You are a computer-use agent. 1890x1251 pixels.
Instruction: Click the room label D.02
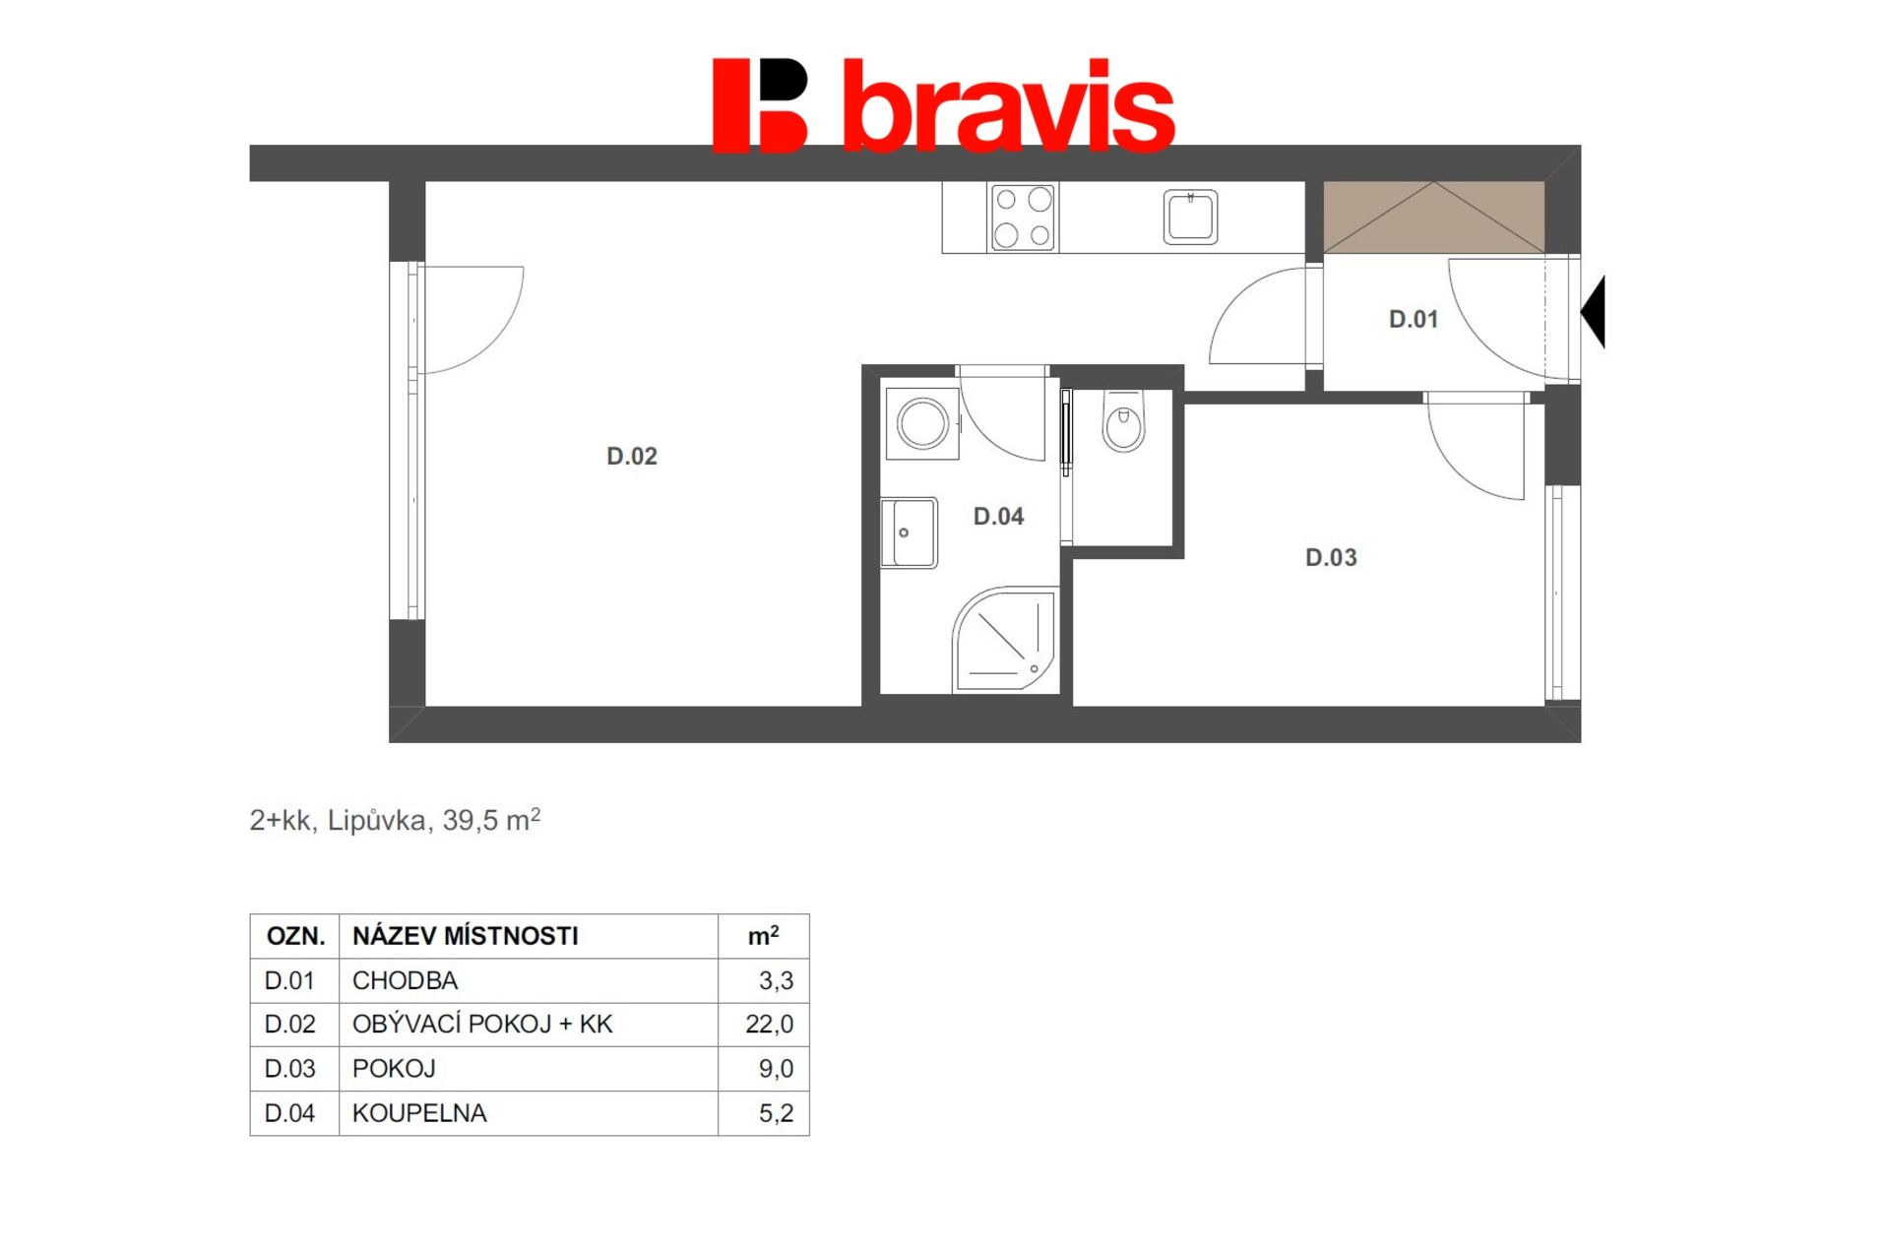click(x=631, y=456)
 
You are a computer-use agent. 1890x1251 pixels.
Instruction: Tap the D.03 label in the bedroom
click(x=1331, y=557)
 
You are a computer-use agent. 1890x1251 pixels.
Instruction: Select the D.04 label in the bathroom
click(x=998, y=516)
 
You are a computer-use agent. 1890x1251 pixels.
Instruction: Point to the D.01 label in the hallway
click(x=1413, y=319)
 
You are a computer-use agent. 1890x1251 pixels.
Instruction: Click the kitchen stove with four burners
click(x=1023, y=218)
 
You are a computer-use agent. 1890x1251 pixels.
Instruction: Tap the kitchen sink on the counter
click(x=1190, y=217)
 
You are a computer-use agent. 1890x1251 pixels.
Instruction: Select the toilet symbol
click(x=1123, y=421)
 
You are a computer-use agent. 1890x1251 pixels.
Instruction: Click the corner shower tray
click(x=1004, y=639)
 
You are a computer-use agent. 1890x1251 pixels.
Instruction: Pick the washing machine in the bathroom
click(x=922, y=424)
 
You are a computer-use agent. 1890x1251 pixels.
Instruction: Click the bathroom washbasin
click(x=909, y=532)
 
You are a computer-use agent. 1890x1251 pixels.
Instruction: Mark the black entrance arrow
click(x=1593, y=311)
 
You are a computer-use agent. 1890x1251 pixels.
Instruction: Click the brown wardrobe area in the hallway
click(x=1433, y=217)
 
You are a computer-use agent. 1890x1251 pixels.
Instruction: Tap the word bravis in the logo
click(x=1009, y=105)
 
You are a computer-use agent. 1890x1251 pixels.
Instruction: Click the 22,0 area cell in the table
click(x=770, y=1024)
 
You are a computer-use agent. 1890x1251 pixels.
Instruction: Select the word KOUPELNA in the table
click(x=419, y=1113)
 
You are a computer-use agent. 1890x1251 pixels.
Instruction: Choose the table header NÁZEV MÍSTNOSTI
click(x=466, y=935)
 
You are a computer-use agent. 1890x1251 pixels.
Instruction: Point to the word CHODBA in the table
click(x=405, y=980)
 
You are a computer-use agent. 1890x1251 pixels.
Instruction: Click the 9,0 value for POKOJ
click(x=776, y=1068)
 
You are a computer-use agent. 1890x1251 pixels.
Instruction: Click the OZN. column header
click(x=295, y=936)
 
